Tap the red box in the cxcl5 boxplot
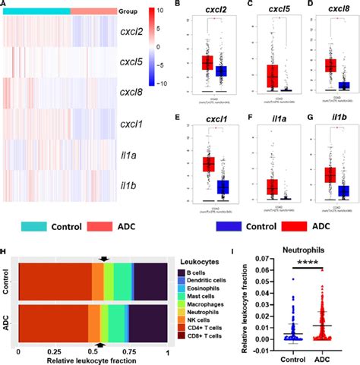(271, 76)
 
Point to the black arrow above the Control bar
(105, 259)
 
